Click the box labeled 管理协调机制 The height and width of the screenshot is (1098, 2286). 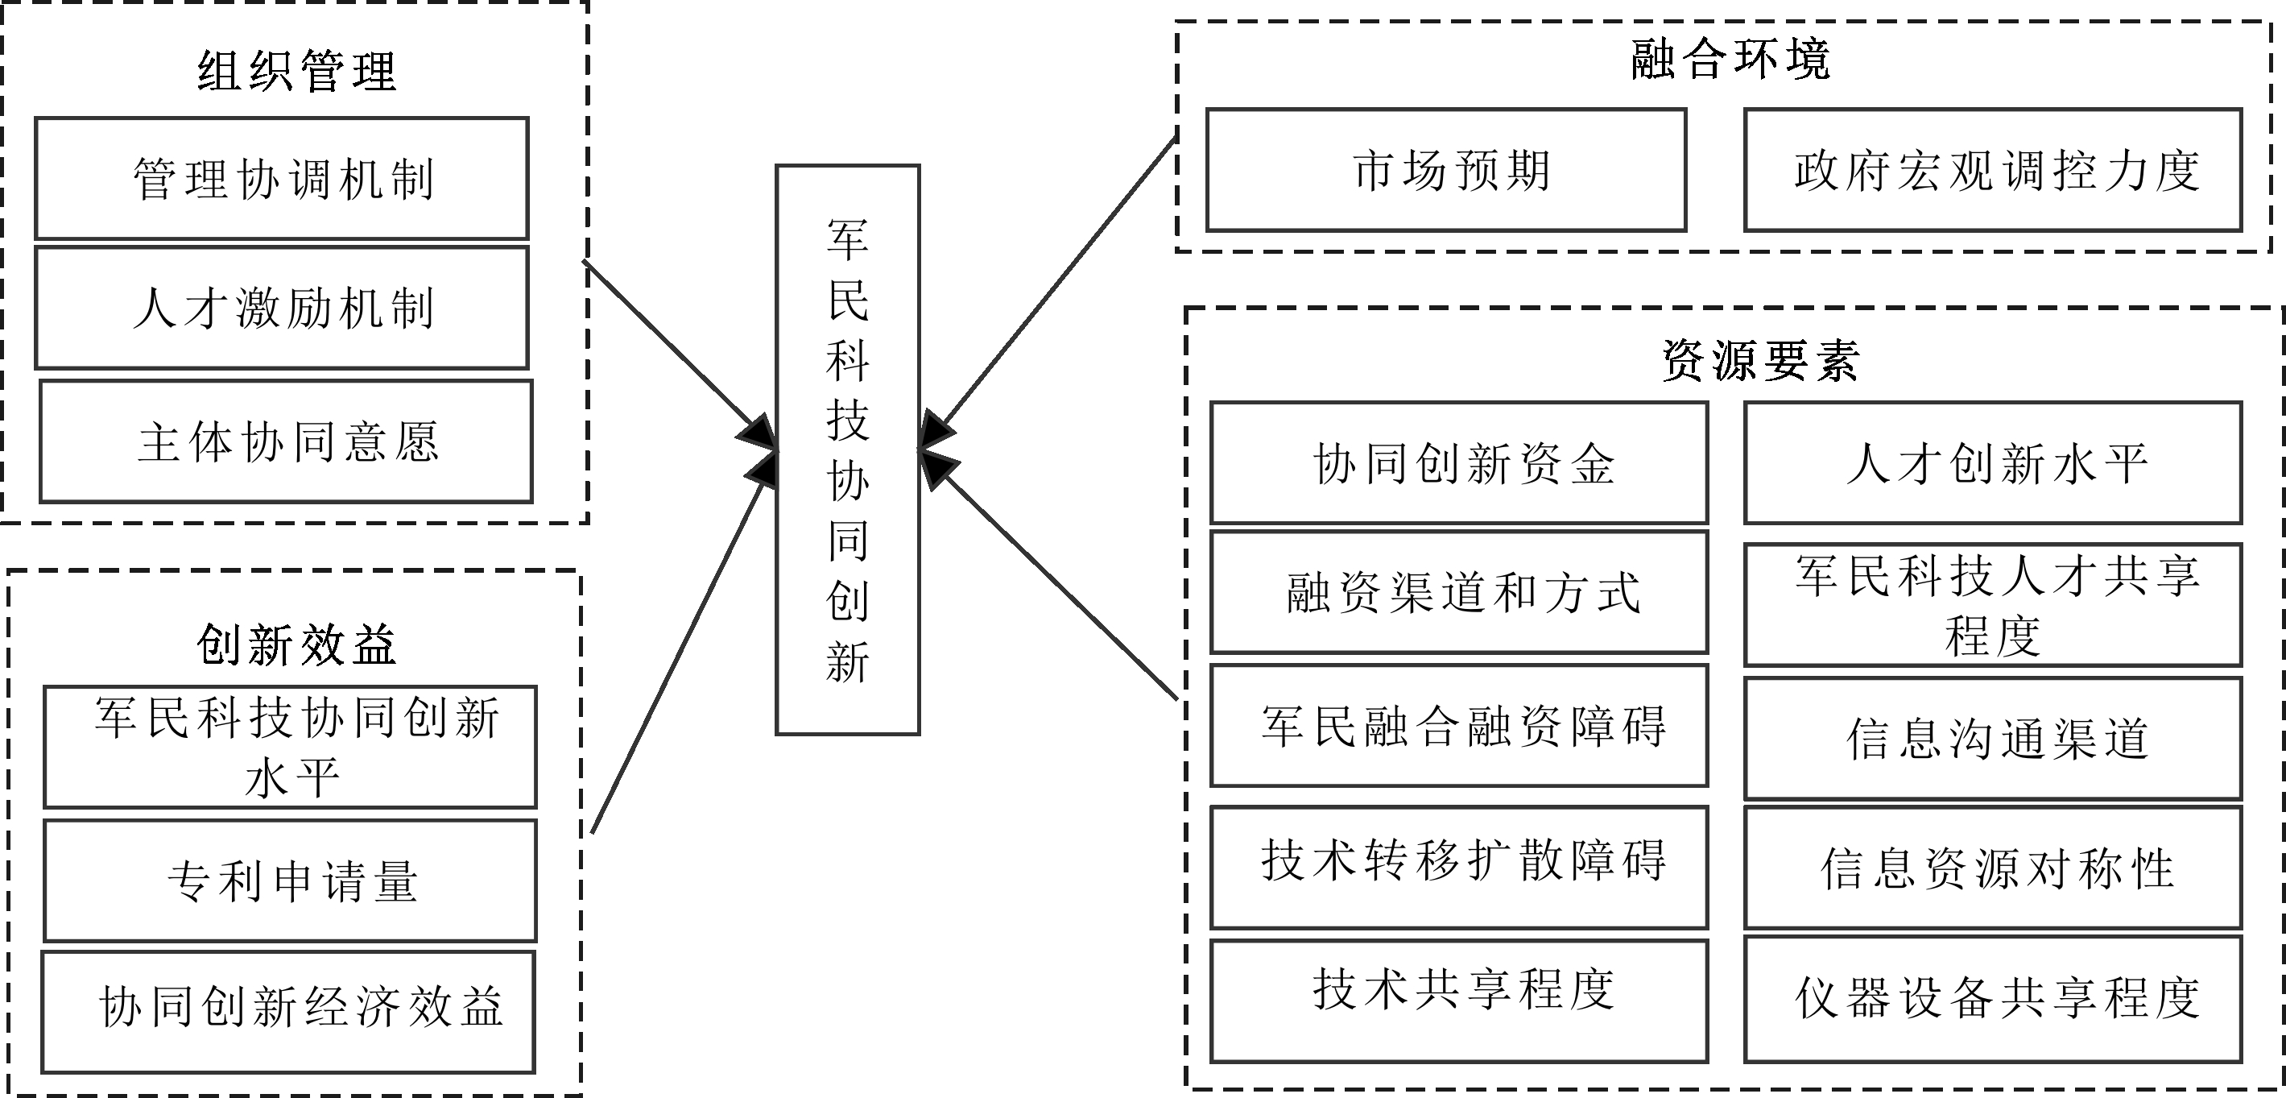pos(282,178)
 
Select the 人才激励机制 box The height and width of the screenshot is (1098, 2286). pos(282,308)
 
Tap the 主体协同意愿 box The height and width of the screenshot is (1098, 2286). pos(287,442)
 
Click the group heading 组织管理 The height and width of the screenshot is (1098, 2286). pos(296,71)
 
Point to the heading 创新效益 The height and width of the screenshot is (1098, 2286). pos(296,644)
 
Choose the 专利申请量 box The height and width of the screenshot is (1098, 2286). pos(291,880)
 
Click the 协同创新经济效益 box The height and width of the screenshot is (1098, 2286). pos(289,1012)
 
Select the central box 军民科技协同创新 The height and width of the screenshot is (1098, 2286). pos(848,450)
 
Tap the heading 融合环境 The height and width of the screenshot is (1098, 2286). pos(1730,60)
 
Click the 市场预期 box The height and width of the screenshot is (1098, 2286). pos(1446,171)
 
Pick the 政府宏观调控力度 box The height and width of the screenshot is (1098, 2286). pos(1993,171)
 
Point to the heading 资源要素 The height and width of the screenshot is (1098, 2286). pos(1759,360)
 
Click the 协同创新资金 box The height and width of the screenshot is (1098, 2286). pos(1460,463)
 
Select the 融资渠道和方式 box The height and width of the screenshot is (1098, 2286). pos(1460,592)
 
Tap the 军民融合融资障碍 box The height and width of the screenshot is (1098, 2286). pos(1460,725)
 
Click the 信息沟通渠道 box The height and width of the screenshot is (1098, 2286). pos(1993,739)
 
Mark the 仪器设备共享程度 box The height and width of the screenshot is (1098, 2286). pos(1993,1000)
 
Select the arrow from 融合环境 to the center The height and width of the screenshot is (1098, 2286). pos(1056,284)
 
